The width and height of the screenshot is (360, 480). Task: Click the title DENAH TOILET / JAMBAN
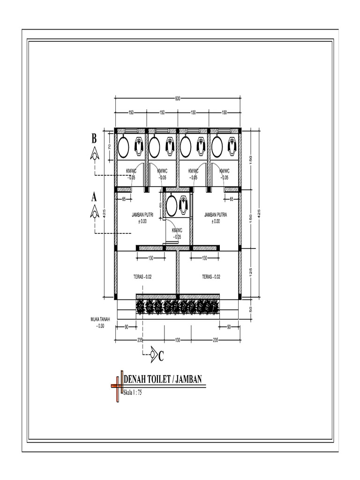pos(163,379)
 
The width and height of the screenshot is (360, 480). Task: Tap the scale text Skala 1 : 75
pos(133,392)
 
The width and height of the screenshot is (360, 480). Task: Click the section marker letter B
pos(94,138)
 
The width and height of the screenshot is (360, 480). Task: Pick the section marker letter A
pos(94,197)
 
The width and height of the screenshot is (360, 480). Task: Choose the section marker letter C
pos(160,358)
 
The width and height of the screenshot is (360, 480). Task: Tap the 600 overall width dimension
pos(178,98)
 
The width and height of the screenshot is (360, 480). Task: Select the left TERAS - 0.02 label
pos(142,277)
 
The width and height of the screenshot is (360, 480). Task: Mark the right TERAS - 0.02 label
pos(211,277)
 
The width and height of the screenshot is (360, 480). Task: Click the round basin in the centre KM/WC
pos(172,205)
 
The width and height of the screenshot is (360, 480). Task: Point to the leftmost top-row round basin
pos(123,147)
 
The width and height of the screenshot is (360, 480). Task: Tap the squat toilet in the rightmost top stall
pos(232,146)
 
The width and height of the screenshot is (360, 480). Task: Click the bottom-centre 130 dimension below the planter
pos(177,340)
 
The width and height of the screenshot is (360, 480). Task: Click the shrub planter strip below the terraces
pos(178,307)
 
